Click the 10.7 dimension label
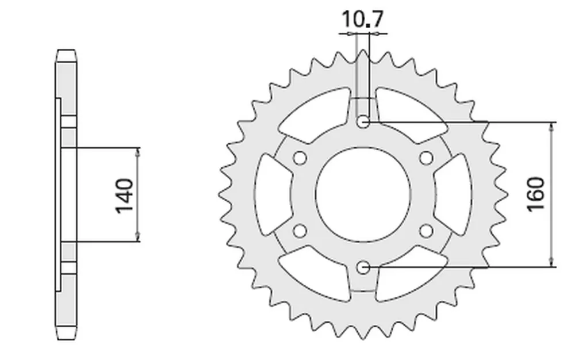coord(363,20)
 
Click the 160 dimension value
coord(536,194)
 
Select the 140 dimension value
coord(124,196)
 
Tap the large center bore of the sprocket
coord(363,194)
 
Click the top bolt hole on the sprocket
coord(363,121)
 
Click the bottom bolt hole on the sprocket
coord(363,267)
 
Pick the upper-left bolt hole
coord(300,158)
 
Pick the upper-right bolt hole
coord(426,158)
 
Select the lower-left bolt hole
coord(300,231)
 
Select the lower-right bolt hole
coord(426,231)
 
